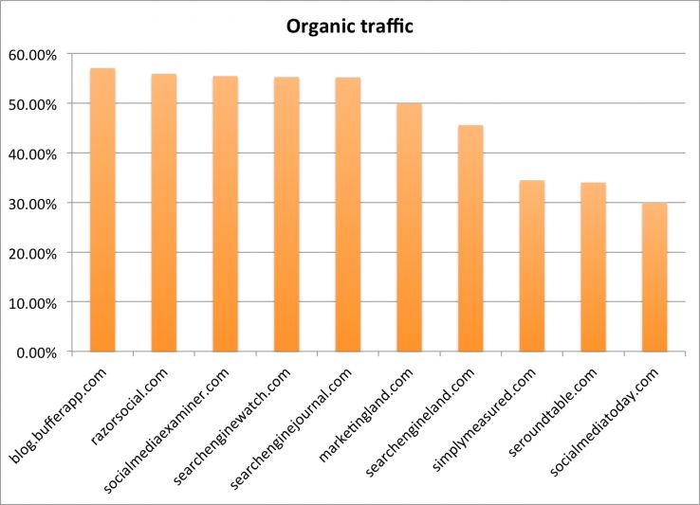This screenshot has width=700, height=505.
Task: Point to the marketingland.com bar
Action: pos(409,227)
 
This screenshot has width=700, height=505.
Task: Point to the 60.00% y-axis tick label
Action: pos(32,55)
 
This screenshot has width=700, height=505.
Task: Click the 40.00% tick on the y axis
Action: pos(32,153)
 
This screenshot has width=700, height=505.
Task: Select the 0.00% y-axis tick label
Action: pos(36,352)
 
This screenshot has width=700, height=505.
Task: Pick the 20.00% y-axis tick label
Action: pos(32,253)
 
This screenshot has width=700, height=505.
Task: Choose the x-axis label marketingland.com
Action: pos(376,409)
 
